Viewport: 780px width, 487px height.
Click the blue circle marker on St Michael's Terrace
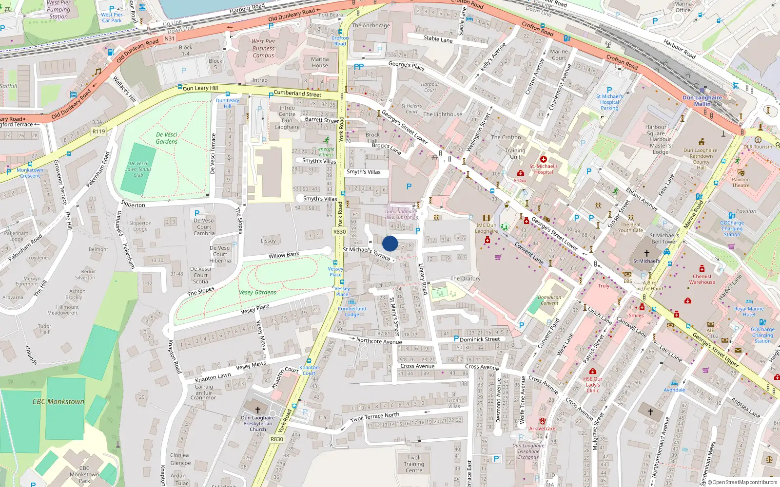(x=390, y=243)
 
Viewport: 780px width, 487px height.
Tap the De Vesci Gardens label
(x=167, y=138)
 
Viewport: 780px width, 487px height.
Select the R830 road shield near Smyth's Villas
(x=340, y=232)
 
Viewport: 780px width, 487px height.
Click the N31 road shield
(x=169, y=38)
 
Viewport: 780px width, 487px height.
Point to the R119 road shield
(x=98, y=131)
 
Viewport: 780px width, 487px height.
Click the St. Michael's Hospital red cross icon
(x=543, y=159)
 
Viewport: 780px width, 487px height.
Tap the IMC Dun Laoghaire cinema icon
(x=486, y=218)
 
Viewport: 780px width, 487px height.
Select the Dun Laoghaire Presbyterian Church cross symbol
(x=258, y=410)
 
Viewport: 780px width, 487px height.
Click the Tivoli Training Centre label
(x=414, y=464)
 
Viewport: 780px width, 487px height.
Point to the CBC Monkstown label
(x=58, y=402)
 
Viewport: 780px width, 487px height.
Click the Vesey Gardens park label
(x=257, y=292)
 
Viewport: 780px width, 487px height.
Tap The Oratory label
(x=465, y=279)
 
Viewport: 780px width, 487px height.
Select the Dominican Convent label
(x=549, y=300)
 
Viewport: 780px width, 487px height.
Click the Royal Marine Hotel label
(x=749, y=312)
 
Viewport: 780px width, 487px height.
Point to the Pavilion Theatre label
(x=741, y=182)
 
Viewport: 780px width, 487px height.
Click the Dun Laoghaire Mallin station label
(x=702, y=100)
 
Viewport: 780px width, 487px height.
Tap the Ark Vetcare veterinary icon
(x=542, y=421)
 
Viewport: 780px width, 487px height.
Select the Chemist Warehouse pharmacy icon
(x=702, y=268)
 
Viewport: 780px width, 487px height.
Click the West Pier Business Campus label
(x=263, y=48)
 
